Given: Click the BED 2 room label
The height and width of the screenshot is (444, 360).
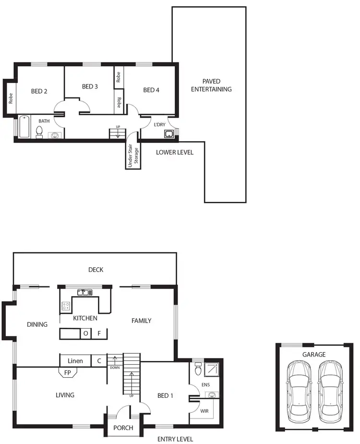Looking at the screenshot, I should (x=39, y=91).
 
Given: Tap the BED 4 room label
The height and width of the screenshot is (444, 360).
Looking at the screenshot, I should (x=151, y=90).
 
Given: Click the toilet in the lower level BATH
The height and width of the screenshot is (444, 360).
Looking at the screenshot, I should (x=39, y=131).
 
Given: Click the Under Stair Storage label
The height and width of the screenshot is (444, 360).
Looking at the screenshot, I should (x=132, y=155).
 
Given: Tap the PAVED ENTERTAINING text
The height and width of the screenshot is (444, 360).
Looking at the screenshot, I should (x=211, y=86).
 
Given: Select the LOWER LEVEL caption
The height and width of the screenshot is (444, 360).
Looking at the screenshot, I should (x=175, y=152).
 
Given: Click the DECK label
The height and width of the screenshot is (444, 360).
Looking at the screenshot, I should (x=96, y=270).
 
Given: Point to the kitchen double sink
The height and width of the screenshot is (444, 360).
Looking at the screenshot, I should (x=83, y=292).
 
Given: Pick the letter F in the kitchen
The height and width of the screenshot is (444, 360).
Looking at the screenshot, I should (x=99, y=333).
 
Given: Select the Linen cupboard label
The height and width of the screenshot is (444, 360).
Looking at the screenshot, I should (x=75, y=360).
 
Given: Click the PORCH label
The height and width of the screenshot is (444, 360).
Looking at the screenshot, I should (x=123, y=428).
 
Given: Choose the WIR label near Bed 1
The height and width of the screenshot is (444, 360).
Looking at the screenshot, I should (x=204, y=411).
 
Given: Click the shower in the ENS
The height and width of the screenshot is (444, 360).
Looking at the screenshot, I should (x=211, y=369).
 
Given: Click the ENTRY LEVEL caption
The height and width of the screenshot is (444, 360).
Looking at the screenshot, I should (x=175, y=439).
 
